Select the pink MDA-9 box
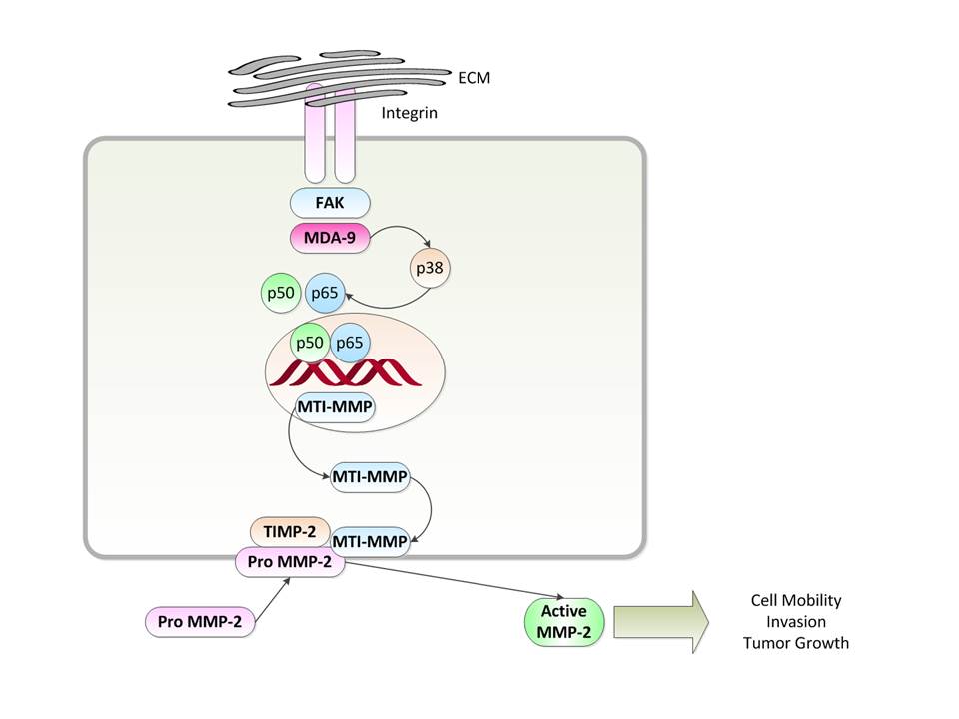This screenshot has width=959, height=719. (x=330, y=239)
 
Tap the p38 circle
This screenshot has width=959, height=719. (x=430, y=267)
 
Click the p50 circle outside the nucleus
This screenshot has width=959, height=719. (x=277, y=294)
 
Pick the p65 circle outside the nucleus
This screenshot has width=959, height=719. (x=325, y=294)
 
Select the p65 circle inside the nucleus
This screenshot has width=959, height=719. (x=350, y=343)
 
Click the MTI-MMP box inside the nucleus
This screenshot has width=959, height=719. (x=335, y=406)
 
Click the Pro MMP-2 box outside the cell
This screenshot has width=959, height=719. (x=200, y=621)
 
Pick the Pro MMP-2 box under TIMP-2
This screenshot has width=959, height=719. (x=290, y=562)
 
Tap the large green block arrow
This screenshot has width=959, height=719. (x=659, y=621)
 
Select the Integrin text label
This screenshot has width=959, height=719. (x=409, y=114)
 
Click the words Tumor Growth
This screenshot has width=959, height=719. (x=795, y=643)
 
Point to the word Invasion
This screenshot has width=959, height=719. (x=795, y=622)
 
